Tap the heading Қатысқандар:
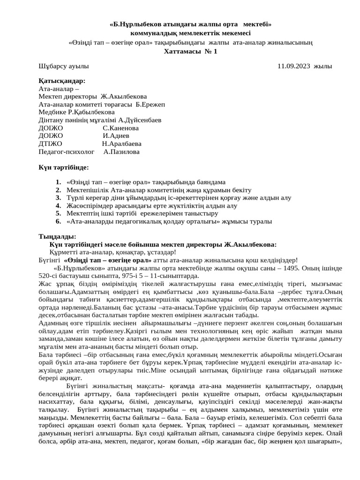[x=62, y=81]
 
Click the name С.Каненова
[x=120, y=128]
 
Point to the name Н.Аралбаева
[x=121, y=144]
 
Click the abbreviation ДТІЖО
[x=50, y=144]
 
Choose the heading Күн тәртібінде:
[x=63, y=167]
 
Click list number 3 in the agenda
[x=58, y=198]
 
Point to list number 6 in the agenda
[x=58, y=221]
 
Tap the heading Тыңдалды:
[x=57, y=236]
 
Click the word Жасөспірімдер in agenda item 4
[x=90, y=206]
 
